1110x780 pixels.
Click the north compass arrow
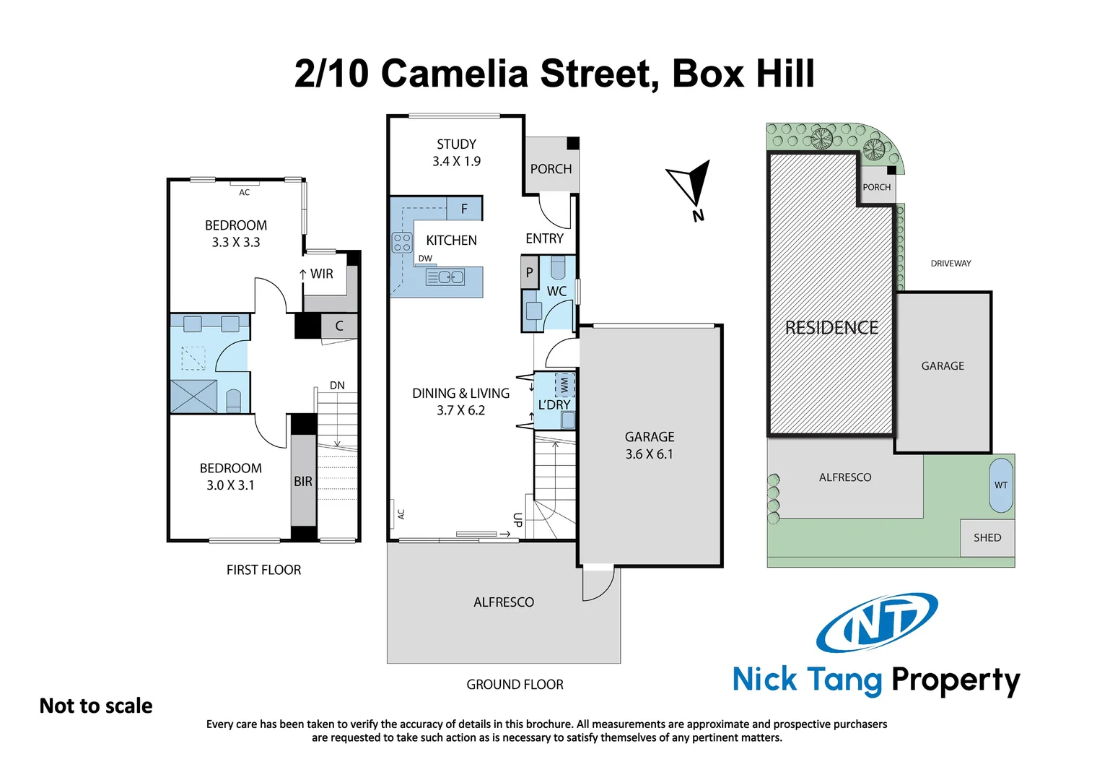click(x=690, y=183)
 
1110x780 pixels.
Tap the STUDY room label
click(x=456, y=144)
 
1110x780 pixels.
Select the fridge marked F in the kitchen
click(x=464, y=209)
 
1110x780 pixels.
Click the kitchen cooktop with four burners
click(x=402, y=243)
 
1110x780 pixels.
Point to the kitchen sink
click(x=445, y=277)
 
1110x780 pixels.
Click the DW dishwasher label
click(x=425, y=259)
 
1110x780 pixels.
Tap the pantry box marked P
click(x=530, y=273)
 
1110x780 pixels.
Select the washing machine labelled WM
click(x=564, y=386)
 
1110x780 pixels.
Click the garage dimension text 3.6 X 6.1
click(x=649, y=454)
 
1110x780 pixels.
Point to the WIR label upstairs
click(x=321, y=274)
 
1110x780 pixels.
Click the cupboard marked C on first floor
click(x=338, y=326)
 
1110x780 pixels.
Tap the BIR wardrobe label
click(x=303, y=482)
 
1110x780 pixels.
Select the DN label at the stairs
click(x=337, y=386)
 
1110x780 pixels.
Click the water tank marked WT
click(x=1001, y=485)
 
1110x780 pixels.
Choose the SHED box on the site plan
click(x=987, y=538)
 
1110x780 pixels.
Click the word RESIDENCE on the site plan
click(x=831, y=328)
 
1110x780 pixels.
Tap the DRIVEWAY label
click(x=951, y=264)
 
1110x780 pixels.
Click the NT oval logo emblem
click(x=877, y=622)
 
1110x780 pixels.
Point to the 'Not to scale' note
click(x=96, y=706)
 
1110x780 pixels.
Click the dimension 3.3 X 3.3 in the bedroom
click(x=235, y=243)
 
